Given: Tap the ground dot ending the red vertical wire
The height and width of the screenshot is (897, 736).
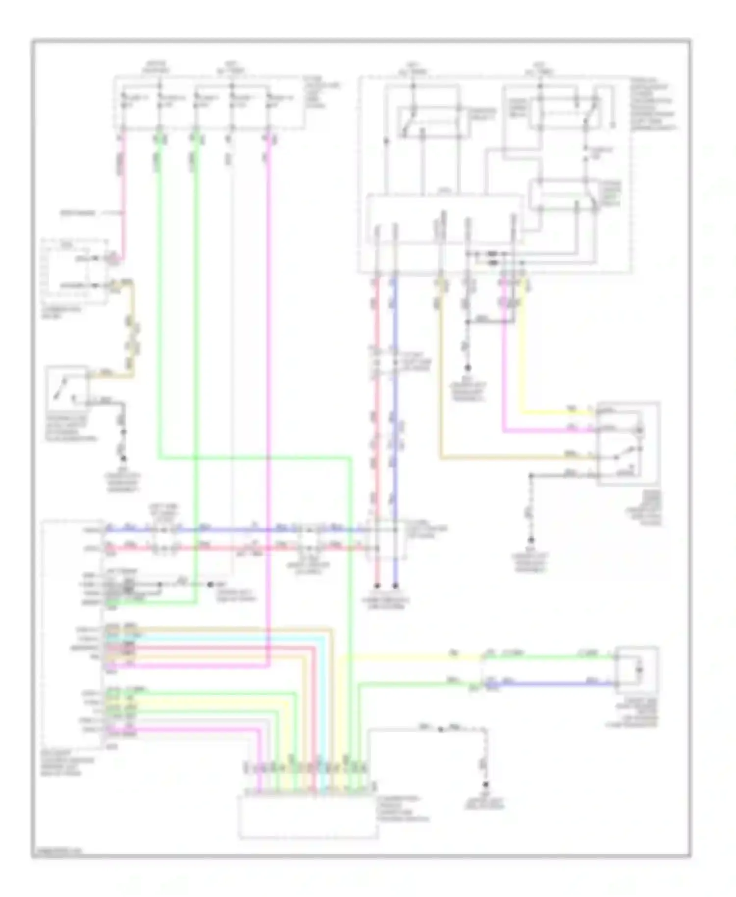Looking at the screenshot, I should (377, 585).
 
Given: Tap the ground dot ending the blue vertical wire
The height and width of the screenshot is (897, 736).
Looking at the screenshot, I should (395, 585).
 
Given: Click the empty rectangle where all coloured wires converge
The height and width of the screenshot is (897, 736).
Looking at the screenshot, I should (308, 817).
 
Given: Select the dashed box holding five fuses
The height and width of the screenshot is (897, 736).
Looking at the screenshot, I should (209, 103).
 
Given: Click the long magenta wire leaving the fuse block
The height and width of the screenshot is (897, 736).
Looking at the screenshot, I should (269, 393).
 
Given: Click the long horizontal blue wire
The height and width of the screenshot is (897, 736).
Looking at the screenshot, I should (236, 530).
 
